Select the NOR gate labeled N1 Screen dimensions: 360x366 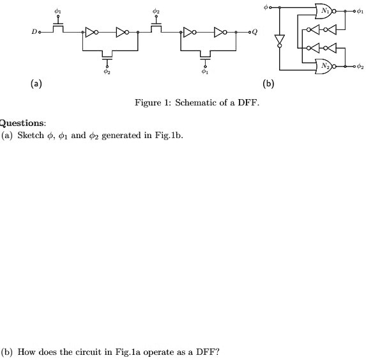[325, 12]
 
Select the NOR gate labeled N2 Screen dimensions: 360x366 [325, 65]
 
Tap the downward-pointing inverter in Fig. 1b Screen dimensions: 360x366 [278, 40]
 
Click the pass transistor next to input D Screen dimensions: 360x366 [58, 27]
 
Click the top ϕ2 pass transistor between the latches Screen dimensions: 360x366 [155, 27]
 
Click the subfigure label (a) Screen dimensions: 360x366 [36, 83]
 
